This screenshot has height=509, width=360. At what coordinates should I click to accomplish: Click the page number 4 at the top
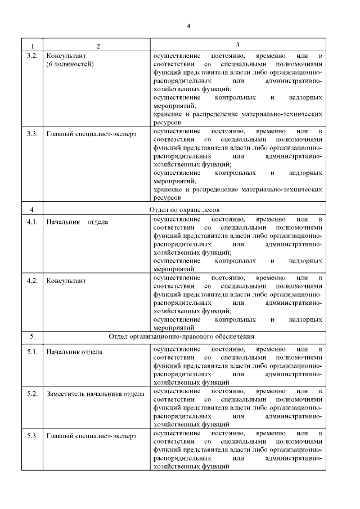[189, 26]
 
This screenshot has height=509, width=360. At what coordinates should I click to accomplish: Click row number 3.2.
[32, 57]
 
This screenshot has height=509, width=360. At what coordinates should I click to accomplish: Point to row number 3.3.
[32, 134]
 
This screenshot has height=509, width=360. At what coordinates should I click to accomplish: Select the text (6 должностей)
[70, 65]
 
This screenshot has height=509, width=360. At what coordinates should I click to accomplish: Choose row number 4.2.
[32, 280]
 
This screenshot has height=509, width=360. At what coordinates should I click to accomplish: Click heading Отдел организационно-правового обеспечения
[182, 337]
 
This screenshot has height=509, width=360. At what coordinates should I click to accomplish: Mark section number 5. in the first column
[32, 337]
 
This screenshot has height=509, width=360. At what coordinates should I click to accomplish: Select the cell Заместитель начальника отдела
[95, 394]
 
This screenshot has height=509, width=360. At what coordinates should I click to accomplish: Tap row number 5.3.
[32, 435]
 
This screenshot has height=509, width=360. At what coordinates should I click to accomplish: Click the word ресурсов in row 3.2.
[167, 121]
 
